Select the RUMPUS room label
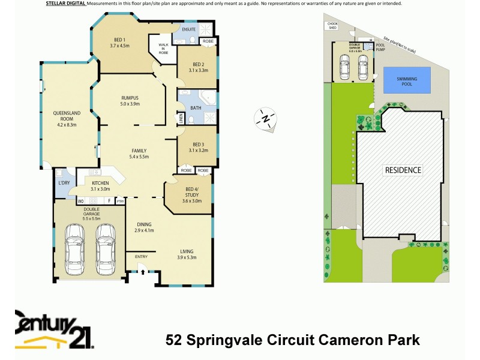click(130, 100)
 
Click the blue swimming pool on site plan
click(407, 79)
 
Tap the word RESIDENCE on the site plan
click(403, 170)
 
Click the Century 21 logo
click(54, 329)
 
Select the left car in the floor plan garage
click(75, 247)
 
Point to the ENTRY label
click(141, 257)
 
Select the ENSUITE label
click(189, 29)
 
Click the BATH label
click(196, 108)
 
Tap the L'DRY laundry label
click(62, 182)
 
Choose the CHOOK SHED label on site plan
click(332, 25)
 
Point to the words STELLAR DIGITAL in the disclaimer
click(65, 4)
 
